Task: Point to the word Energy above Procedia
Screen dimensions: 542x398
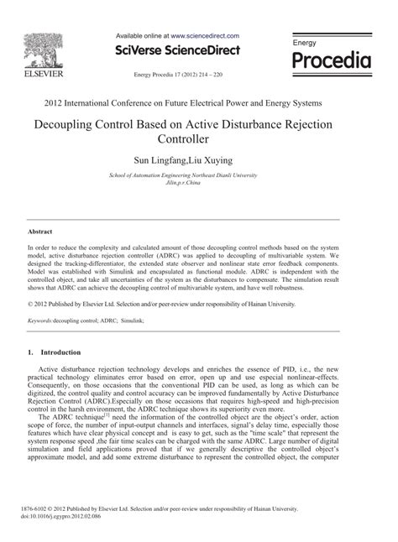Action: pyautogui.click(x=305, y=42)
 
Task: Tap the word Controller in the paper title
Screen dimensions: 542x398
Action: pyautogui.click(x=199, y=139)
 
